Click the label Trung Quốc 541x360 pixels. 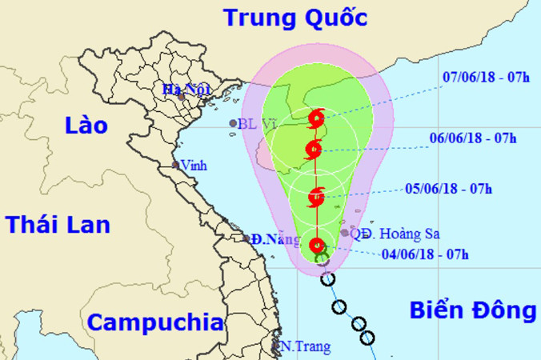pos(295,18)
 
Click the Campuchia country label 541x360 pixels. pos(154,322)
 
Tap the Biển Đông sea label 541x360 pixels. pos(472,310)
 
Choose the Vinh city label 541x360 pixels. pos(193,166)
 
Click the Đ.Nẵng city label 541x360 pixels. pos(268,238)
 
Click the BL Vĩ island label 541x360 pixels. pos(252,124)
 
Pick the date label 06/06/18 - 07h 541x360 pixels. pos(471,138)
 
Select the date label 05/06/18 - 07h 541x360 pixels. pos(447,189)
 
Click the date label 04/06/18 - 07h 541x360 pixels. pos(425,255)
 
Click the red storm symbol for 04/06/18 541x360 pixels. pos(317,246)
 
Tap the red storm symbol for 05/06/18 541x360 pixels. pos(316,194)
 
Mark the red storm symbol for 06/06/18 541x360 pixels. pos(314,148)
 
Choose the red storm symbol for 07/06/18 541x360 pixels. pos(316,119)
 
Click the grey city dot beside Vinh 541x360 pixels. pos(174,166)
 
